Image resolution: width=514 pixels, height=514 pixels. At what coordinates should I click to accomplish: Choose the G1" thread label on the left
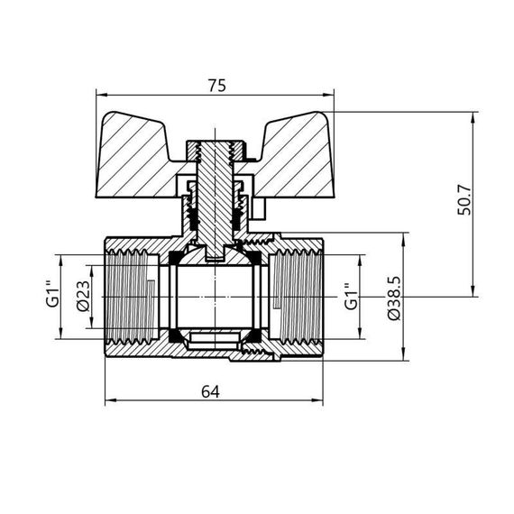pos(51,297)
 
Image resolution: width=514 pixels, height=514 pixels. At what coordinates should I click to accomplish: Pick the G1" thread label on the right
pos(349,297)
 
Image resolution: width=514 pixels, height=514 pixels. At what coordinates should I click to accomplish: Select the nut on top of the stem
pos(215,146)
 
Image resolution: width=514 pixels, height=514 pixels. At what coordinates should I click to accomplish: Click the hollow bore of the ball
pos(215,296)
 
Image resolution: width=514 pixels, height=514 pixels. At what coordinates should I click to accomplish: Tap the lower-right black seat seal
pos(257,335)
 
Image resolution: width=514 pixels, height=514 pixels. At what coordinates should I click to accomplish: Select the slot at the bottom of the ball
pos(215,340)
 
